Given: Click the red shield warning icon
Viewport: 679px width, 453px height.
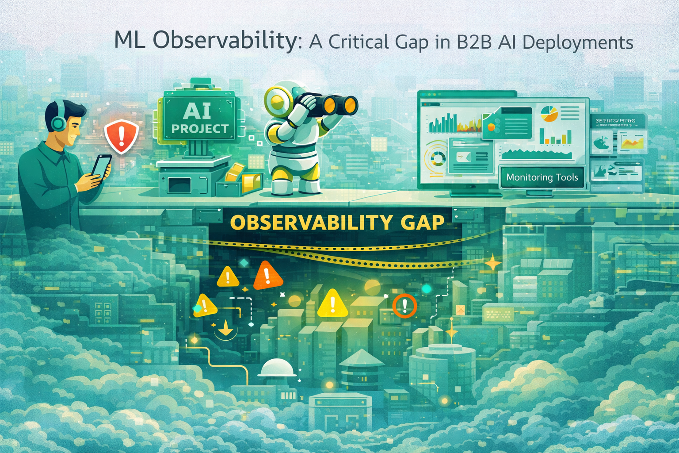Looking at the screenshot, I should [x=121, y=136].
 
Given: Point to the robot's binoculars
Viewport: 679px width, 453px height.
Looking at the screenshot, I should [x=330, y=103].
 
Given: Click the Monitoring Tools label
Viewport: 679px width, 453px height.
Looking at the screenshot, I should [x=542, y=177].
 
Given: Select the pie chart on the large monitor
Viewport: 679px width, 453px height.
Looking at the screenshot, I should [x=549, y=113].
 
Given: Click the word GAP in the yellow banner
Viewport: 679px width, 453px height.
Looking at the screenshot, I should [x=422, y=222].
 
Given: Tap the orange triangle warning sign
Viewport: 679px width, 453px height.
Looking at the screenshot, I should [x=267, y=276].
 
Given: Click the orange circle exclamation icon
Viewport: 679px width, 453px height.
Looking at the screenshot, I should [x=404, y=305].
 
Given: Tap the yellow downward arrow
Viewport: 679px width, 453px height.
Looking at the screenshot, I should [x=226, y=328].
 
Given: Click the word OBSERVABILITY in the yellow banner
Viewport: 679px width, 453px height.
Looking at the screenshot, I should [x=311, y=222].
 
